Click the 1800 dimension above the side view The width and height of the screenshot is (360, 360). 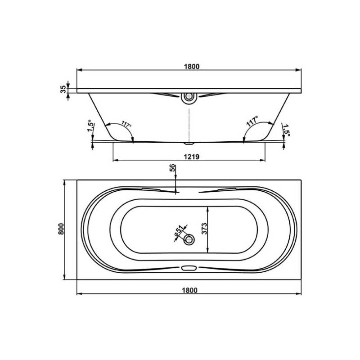coord(192,67)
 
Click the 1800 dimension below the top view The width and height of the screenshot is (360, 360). coord(189,290)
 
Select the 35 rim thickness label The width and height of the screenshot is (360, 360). coord(63,89)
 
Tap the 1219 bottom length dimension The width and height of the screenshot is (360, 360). coord(192,157)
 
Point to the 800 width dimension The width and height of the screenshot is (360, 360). coord(61,229)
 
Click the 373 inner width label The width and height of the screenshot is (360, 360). coord(204,229)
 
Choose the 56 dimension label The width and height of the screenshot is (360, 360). coord(172,168)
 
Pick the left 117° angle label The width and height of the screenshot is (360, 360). coord(126,124)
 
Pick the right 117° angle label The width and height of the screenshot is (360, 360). coord(252,121)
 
